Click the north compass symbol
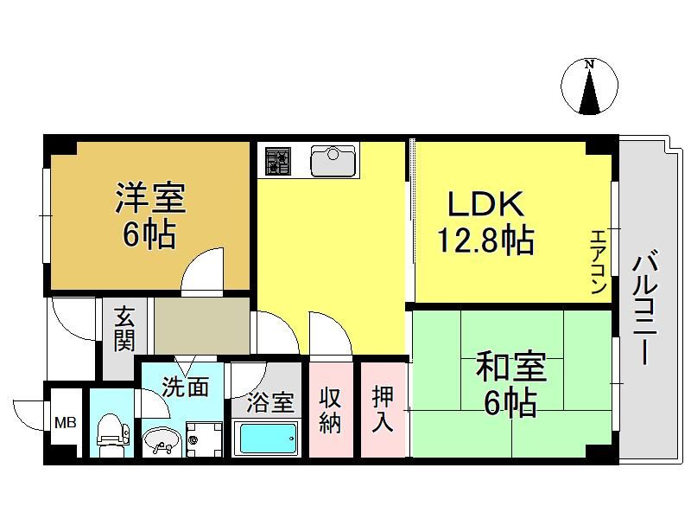589,86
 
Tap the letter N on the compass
589,64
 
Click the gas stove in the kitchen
277,161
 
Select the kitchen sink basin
333,161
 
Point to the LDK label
485,203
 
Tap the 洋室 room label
150,198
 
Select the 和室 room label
511,366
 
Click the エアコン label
598,262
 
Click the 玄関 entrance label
124,329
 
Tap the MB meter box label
66,423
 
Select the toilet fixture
112,435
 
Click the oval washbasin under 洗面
162,440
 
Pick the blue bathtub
266,438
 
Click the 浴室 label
269,402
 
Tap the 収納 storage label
330,410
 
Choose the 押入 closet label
382,410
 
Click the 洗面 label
185,387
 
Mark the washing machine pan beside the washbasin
204,439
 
